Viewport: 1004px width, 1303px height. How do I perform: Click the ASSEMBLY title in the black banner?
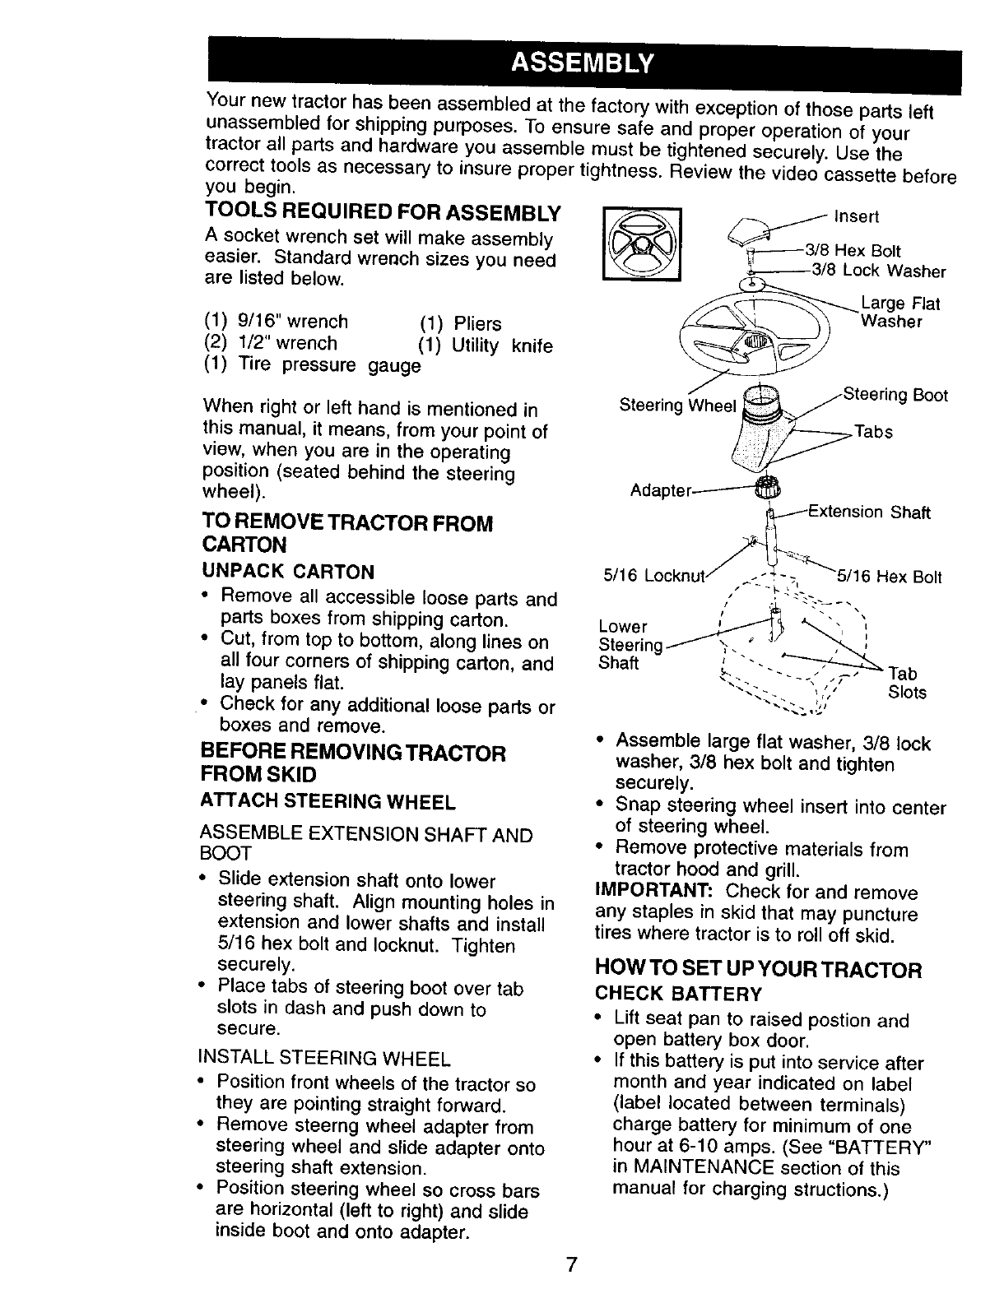(582, 63)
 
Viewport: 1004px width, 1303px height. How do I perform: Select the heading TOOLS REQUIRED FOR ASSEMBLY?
(383, 213)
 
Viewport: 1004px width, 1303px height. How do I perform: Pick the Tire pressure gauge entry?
(313, 364)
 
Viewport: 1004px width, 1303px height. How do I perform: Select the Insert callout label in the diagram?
(857, 216)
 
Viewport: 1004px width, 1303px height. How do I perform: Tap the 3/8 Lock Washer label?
(878, 271)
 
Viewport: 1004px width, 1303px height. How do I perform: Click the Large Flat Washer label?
(899, 313)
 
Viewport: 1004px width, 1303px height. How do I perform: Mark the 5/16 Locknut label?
(656, 577)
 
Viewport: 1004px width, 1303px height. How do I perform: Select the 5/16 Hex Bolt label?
(889, 577)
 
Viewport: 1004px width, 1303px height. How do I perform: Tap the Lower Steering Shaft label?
(630, 644)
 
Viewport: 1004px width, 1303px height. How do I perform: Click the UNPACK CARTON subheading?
(288, 571)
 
